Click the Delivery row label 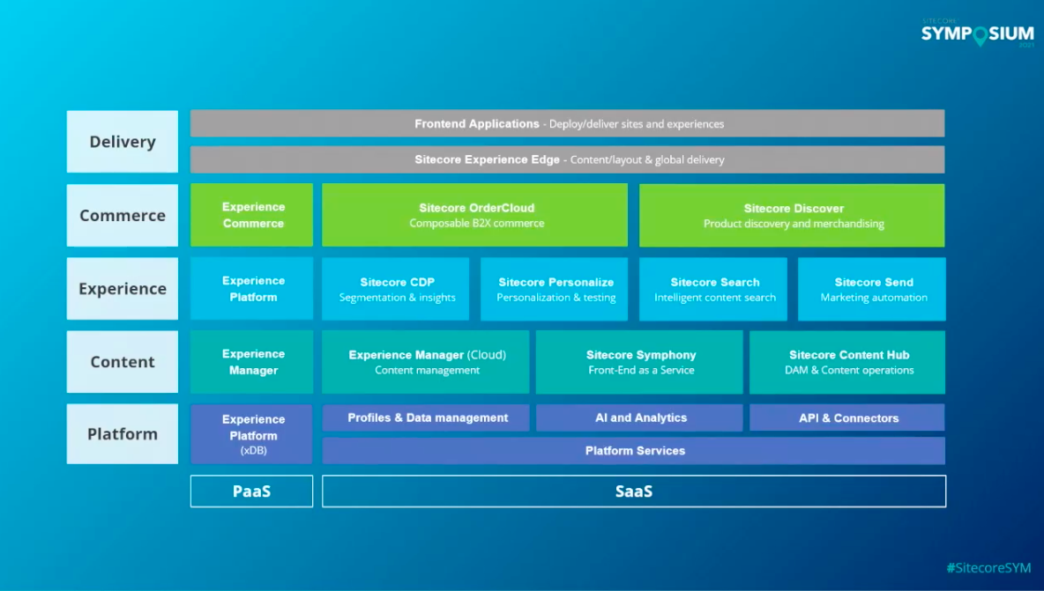coord(123,142)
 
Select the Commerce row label coord(123,215)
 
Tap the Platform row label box coord(123,434)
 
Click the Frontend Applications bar coord(567,124)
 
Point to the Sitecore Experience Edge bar coord(567,159)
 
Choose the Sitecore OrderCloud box coord(475,216)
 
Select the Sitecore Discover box coord(792,216)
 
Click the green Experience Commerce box coord(252,216)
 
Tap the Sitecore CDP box coord(396,289)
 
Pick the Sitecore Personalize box coord(555,289)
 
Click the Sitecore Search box coord(713,289)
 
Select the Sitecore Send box coord(872,289)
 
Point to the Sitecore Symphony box coord(640,362)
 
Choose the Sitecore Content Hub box coord(847,362)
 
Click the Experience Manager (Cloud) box coord(426,362)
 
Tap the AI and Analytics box coord(640,417)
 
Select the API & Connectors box coord(847,417)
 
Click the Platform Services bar coord(634,451)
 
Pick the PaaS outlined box coord(252,491)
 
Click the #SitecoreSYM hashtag coord(988,568)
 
